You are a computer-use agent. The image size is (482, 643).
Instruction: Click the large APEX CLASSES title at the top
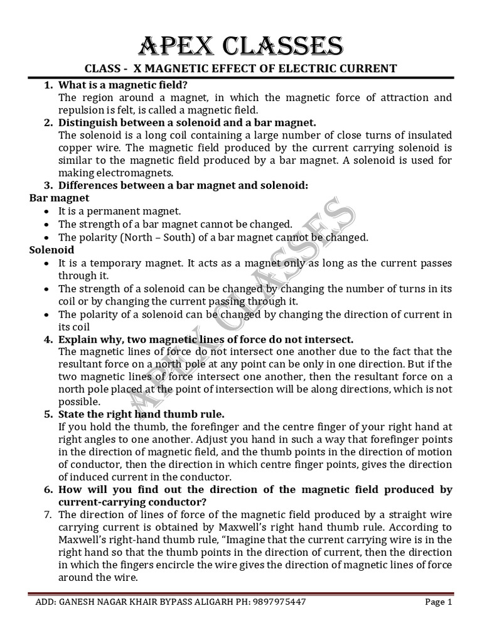pyautogui.click(x=241, y=45)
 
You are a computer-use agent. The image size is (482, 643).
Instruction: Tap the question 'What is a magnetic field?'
pyautogui.click(x=123, y=85)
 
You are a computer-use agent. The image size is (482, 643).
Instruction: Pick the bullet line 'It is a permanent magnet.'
pyautogui.click(x=119, y=210)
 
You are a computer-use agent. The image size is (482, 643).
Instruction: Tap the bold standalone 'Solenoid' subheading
pyautogui.click(x=51, y=250)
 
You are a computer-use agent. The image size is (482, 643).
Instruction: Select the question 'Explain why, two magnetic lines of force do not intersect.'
pyautogui.click(x=206, y=339)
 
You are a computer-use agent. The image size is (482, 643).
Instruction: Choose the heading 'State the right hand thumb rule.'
pyautogui.click(x=141, y=414)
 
